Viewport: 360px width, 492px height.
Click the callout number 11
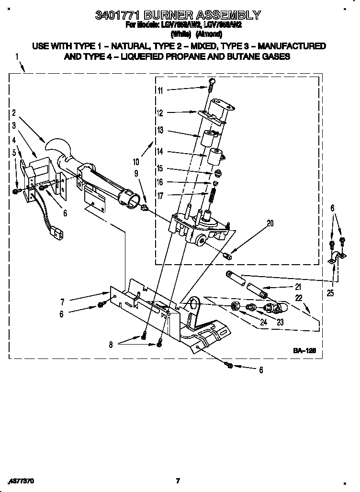pyautogui.click(x=160, y=90)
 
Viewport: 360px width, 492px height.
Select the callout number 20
pyautogui.click(x=270, y=223)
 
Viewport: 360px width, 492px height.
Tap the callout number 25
pyautogui.click(x=331, y=293)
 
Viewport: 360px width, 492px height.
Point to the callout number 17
pyautogui.click(x=160, y=195)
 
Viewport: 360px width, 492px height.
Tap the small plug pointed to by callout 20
pyautogui.click(x=228, y=256)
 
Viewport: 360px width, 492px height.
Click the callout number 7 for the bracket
pyautogui.click(x=63, y=302)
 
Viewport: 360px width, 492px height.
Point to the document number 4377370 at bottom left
pyautogui.click(x=21, y=481)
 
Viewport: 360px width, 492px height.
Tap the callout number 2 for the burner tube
pyautogui.click(x=14, y=113)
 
